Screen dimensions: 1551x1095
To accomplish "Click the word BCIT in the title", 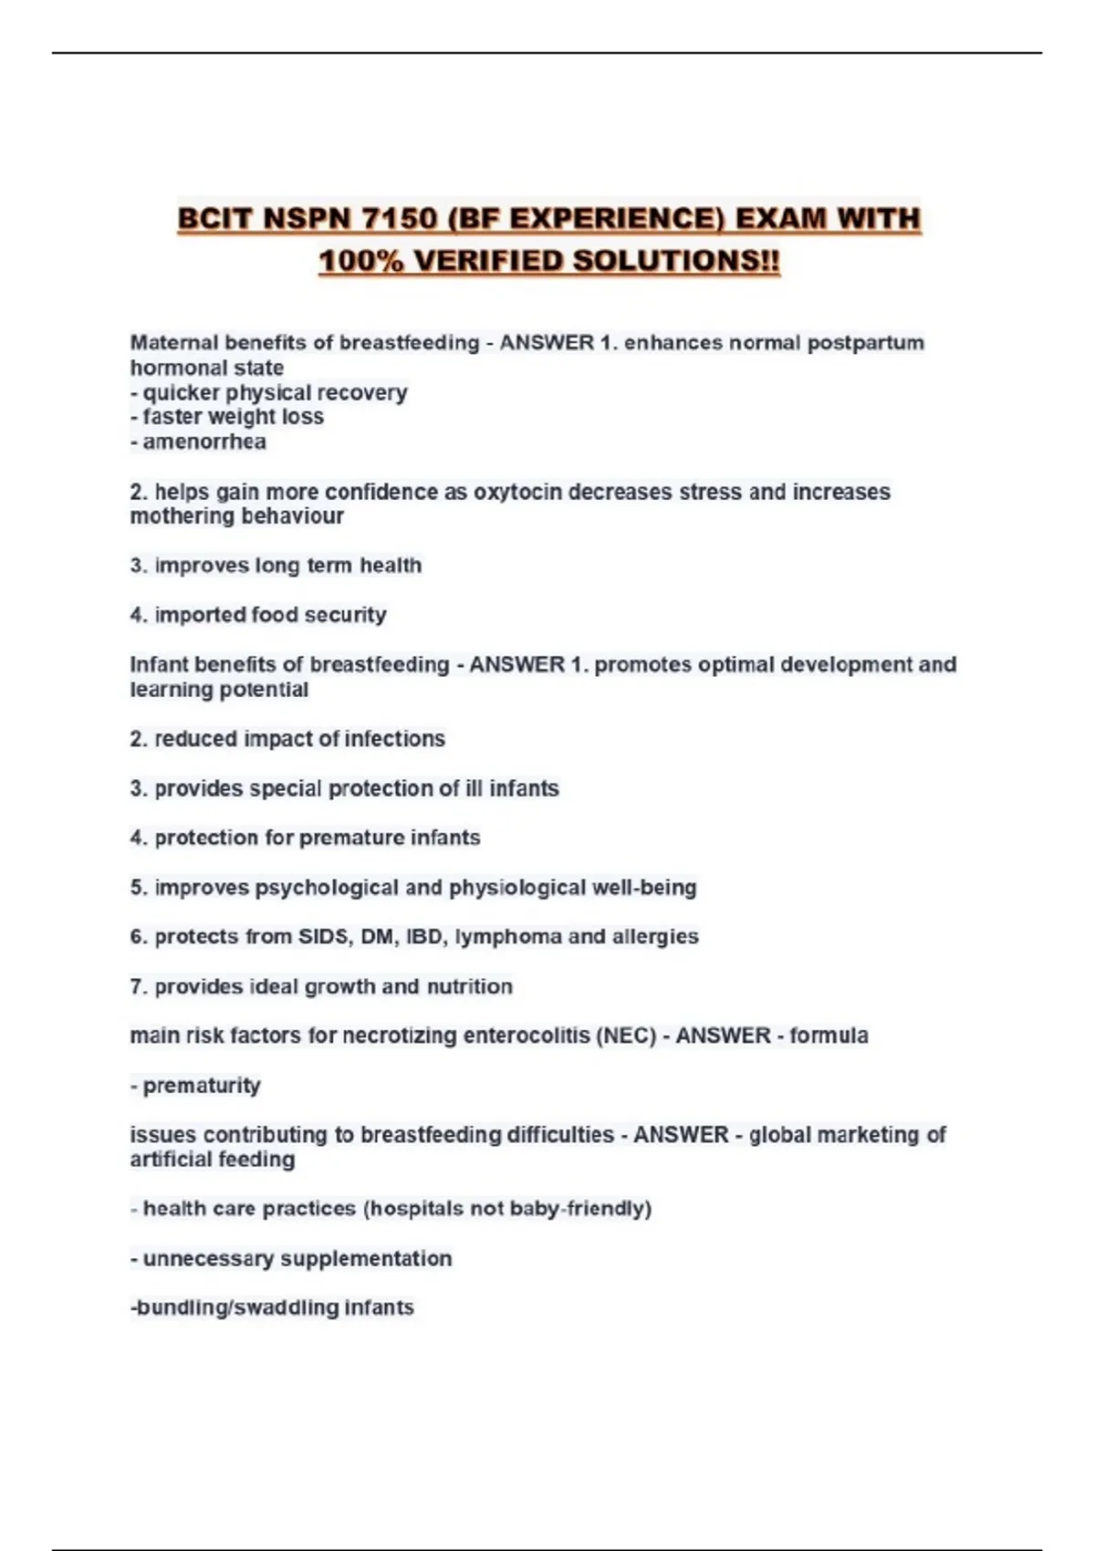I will point(214,219).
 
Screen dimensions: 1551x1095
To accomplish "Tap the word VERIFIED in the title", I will point(487,261).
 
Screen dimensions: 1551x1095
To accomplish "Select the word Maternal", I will point(174,343).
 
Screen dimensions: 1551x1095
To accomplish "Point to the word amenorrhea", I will point(204,442).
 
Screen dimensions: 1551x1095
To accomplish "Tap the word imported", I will point(200,615).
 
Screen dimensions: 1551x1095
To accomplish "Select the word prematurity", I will point(202,1086).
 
